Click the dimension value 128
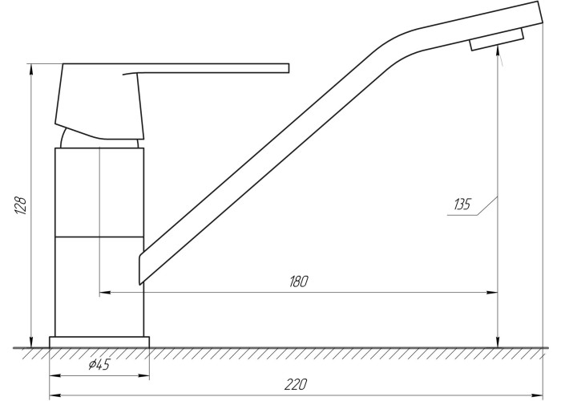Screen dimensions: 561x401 point(21,205)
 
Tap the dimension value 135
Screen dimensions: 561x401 point(462,205)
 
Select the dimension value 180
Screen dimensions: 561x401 point(298,282)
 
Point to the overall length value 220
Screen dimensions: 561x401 point(296,384)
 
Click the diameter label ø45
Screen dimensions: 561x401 point(99,364)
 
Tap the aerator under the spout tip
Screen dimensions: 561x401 point(497,39)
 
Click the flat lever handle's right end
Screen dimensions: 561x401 point(289,68)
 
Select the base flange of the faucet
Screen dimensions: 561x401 point(99,342)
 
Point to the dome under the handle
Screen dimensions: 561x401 point(99,140)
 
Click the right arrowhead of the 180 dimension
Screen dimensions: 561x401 point(493,293)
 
